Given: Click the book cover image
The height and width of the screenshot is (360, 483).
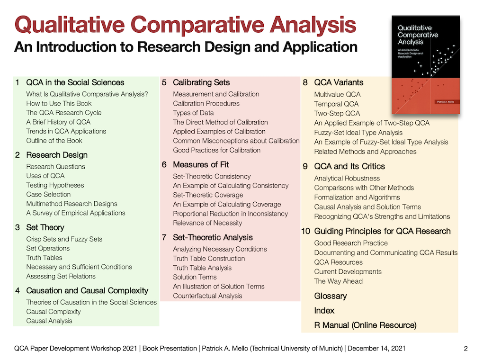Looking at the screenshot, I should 426,64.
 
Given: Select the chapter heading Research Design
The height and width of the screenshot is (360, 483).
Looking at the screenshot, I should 57,155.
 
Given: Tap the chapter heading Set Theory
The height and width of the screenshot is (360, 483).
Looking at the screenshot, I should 45,227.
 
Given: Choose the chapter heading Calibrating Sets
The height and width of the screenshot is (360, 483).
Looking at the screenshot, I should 201,82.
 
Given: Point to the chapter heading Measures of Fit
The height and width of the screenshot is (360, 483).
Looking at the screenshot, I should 201,164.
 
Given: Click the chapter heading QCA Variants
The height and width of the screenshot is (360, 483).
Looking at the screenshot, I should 339,82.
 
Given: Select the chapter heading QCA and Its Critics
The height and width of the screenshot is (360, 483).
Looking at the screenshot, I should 349,166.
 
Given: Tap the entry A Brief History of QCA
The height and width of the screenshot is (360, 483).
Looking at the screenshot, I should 58,122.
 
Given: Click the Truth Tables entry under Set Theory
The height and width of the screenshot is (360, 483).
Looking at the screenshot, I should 44,258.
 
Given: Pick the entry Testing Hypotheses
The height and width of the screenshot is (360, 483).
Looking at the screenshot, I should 55,185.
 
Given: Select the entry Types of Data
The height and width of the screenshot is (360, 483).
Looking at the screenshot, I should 193,113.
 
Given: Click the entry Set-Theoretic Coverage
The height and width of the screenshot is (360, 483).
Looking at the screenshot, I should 208,195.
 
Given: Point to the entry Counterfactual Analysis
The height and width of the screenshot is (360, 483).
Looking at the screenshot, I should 207,296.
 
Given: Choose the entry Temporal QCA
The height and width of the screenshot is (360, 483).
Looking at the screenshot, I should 336,104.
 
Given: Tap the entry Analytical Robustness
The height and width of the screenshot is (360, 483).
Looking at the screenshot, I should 347,178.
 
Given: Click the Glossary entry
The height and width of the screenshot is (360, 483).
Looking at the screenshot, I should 331,296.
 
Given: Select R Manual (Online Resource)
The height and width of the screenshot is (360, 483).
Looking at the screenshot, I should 365,325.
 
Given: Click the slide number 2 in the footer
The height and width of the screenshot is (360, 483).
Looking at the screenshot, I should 465,349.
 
